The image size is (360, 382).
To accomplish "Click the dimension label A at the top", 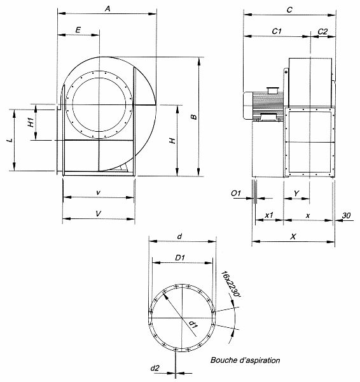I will coord(107,9).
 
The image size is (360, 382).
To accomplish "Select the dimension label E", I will coord(78,30).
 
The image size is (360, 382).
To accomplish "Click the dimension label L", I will coord(8,139).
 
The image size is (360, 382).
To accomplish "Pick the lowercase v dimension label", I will coord(97,192).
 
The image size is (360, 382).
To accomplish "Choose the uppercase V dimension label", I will coord(97,215).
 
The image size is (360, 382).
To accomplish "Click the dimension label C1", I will coord(277,31).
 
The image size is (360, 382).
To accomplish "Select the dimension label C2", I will coord(322,31).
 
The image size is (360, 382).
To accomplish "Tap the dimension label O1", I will coord(236,192).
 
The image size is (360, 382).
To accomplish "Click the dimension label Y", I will coord(296,192).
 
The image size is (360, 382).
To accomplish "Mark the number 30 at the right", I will coord(346,215).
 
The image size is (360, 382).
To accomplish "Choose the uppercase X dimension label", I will coord(292,236).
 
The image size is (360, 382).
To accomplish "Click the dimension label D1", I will coord(179,258).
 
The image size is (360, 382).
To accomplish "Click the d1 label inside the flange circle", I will coord(192,325).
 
